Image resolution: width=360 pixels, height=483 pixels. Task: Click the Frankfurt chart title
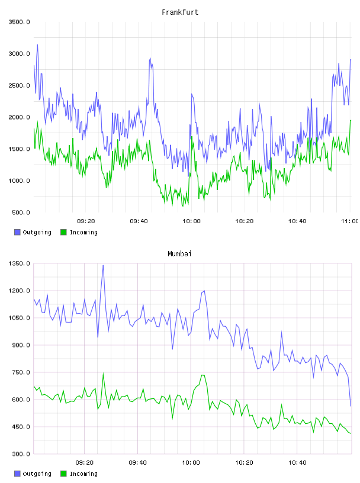click(x=180, y=12)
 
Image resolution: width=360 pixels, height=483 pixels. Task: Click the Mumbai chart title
click(x=179, y=253)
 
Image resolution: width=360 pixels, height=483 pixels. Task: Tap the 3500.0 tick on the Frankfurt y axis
click(x=20, y=22)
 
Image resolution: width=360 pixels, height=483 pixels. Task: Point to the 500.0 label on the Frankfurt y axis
click(x=21, y=212)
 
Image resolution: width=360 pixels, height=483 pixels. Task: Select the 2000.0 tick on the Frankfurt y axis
click(x=20, y=117)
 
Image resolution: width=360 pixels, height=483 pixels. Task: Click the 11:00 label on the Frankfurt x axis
click(x=349, y=221)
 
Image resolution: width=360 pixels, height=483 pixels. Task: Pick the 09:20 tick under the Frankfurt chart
click(x=86, y=221)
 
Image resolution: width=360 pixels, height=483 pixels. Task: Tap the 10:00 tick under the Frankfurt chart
click(x=191, y=221)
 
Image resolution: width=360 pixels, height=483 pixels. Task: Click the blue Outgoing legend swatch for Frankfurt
click(x=17, y=232)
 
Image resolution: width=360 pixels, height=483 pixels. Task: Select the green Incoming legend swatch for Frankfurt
click(x=63, y=232)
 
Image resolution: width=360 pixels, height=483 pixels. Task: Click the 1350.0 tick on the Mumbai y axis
click(x=20, y=263)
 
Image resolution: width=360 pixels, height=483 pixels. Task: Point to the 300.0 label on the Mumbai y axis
click(x=21, y=454)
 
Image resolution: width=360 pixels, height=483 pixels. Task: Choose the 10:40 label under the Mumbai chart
click(x=297, y=463)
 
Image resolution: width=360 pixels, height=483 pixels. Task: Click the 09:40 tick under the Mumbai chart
click(x=137, y=463)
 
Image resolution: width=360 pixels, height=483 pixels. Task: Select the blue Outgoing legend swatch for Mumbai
click(x=17, y=474)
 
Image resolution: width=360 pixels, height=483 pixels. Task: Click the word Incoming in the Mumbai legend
click(x=83, y=474)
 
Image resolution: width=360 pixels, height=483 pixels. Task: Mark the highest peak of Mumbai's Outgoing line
click(x=103, y=265)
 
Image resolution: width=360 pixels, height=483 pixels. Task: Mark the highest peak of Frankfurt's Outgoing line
click(x=38, y=44)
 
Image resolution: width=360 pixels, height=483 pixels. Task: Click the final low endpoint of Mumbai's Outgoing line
click(x=351, y=406)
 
